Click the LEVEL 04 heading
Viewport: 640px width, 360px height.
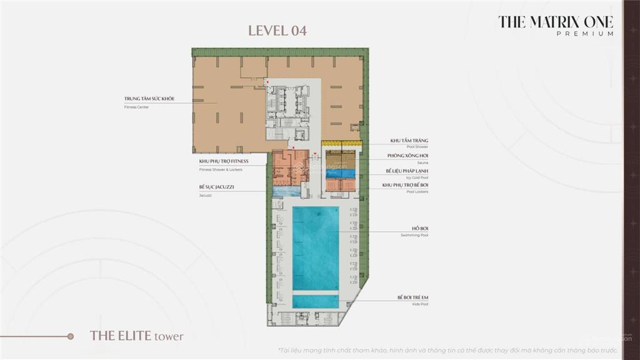277,31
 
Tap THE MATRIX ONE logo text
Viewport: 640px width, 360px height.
555,21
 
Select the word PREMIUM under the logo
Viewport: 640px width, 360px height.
584,34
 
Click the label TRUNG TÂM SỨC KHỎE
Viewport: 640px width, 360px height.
149,99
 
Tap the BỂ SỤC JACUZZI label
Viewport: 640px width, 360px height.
217,187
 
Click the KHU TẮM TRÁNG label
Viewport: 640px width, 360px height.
409,141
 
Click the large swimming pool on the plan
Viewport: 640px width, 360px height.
316,247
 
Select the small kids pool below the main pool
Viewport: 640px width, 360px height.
316,301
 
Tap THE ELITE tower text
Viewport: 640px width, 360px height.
137,336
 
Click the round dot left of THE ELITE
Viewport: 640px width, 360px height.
71,336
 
